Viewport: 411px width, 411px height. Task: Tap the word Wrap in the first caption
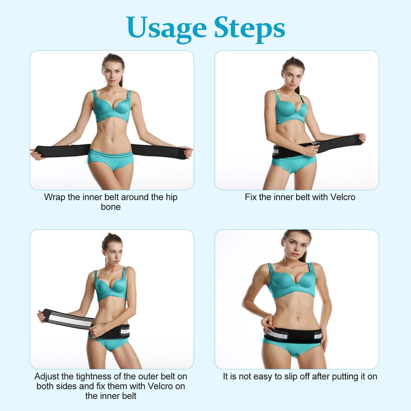pyautogui.click(x=55, y=197)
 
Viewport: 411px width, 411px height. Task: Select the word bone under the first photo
pyautogui.click(x=111, y=207)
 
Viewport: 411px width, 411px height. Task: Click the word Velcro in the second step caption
pyautogui.click(x=343, y=197)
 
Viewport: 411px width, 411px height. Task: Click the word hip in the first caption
pyautogui.click(x=172, y=197)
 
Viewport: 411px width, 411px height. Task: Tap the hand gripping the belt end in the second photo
pyautogui.click(x=360, y=138)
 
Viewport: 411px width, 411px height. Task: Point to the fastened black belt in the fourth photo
pyautogui.click(x=294, y=336)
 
